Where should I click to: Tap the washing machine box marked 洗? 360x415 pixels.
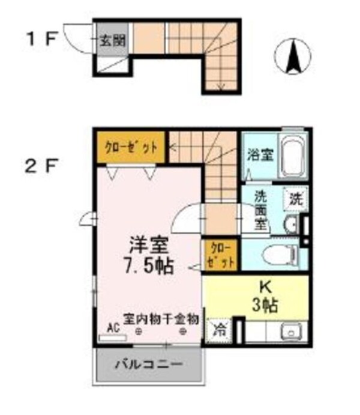295,198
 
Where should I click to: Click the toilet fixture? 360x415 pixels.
281,255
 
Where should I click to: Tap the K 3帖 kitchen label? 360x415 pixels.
264,296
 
